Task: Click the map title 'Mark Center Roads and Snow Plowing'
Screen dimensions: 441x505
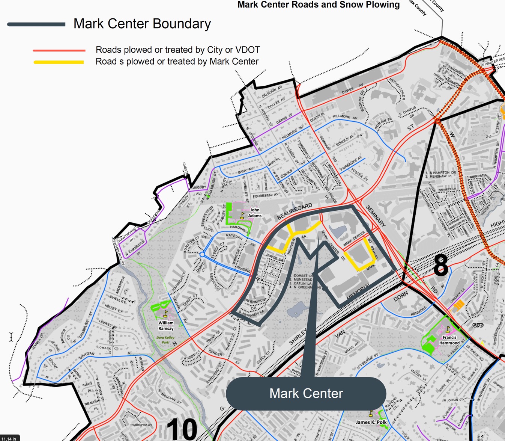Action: (x=319, y=5)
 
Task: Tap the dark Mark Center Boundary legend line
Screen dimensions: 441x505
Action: (x=36, y=24)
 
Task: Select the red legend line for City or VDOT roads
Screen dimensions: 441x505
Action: (x=59, y=50)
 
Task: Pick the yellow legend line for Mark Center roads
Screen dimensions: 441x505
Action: (x=59, y=62)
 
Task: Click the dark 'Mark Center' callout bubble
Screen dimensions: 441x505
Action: (x=306, y=393)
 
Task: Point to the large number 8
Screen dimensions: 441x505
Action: (x=440, y=265)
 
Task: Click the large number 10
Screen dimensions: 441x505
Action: (x=182, y=429)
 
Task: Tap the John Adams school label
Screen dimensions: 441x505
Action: (x=255, y=213)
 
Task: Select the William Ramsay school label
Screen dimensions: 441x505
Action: (x=166, y=326)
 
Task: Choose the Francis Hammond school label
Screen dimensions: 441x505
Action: (x=449, y=340)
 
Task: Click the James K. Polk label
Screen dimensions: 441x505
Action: (x=371, y=422)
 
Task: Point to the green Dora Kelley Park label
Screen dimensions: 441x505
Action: (x=165, y=340)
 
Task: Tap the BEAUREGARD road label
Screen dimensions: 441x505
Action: (x=295, y=212)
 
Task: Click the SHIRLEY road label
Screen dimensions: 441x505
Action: (x=298, y=337)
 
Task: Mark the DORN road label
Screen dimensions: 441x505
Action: (x=401, y=297)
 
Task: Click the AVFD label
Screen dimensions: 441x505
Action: (x=477, y=325)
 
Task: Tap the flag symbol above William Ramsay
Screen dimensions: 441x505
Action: (x=165, y=314)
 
